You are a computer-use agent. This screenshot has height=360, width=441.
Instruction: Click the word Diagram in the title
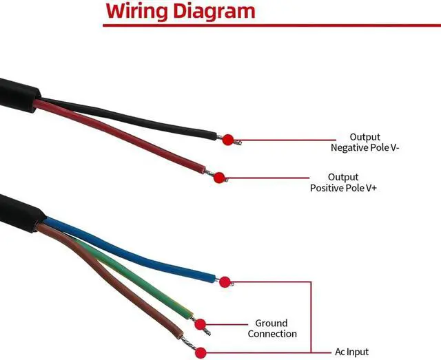click(214, 12)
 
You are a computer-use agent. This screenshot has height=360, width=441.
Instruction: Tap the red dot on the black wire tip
click(227, 140)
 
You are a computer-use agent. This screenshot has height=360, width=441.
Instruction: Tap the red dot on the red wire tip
click(218, 178)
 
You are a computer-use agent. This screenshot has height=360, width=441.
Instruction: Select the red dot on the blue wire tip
click(225, 281)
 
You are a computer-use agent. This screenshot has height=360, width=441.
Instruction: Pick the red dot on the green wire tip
click(201, 324)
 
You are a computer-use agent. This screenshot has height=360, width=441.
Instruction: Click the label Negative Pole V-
click(365, 147)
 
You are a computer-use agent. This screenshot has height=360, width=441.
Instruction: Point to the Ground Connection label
click(271, 328)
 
